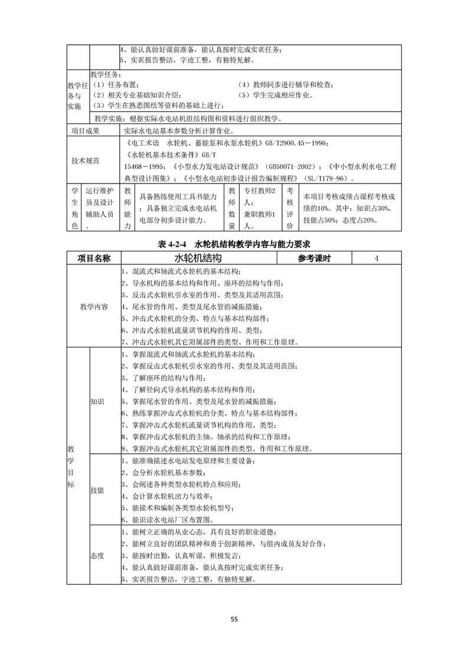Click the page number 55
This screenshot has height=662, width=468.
pyautogui.click(x=234, y=619)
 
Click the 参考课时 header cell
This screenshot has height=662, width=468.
pyautogui.click(x=314, y=258)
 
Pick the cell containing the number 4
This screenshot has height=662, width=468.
pyautogui.click(x=376, y=258)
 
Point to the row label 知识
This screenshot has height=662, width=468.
pyautogui.click(x=97, y=401)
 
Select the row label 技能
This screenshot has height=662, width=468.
pyautogui.click(x=97, y=490)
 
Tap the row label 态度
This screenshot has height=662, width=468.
pyautogui.click(x=97, y=555)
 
